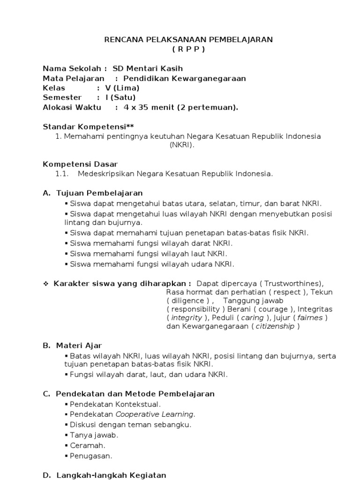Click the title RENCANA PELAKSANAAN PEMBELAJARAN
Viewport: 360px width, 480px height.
pyautogui.click(x=188, y=40)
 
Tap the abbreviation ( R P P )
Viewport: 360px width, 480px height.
pyautogui.click(x=188, y=49)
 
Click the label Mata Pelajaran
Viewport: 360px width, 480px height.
pyautogui.click(x=74, y=78)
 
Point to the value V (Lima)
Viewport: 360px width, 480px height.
pyautogui.click(x=122, y=88)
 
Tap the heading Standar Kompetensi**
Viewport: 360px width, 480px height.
pyautogui.click(x=89, y=127)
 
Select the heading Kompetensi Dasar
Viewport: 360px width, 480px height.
pyautogui.click(x=80, y=164)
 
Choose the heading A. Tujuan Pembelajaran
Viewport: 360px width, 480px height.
pyautogui.click(x=93, y=193)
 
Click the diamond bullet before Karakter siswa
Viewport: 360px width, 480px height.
pyautogui.click(x=46, y=283)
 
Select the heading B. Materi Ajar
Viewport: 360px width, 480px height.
pyautogui.click(x=72, y=345)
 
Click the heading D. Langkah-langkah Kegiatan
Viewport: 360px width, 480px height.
pyautogui.click(x=105, y=475)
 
